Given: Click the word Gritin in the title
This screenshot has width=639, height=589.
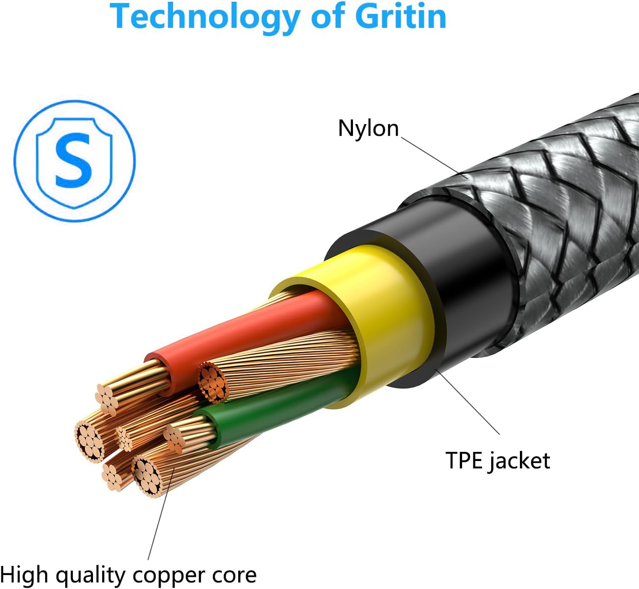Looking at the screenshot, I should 400,17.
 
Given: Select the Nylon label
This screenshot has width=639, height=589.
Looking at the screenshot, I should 368,128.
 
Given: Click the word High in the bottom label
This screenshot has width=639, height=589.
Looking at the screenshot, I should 24,575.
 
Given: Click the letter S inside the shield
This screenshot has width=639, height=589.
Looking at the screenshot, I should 74,160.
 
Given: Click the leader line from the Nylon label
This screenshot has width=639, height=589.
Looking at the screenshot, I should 430,157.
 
